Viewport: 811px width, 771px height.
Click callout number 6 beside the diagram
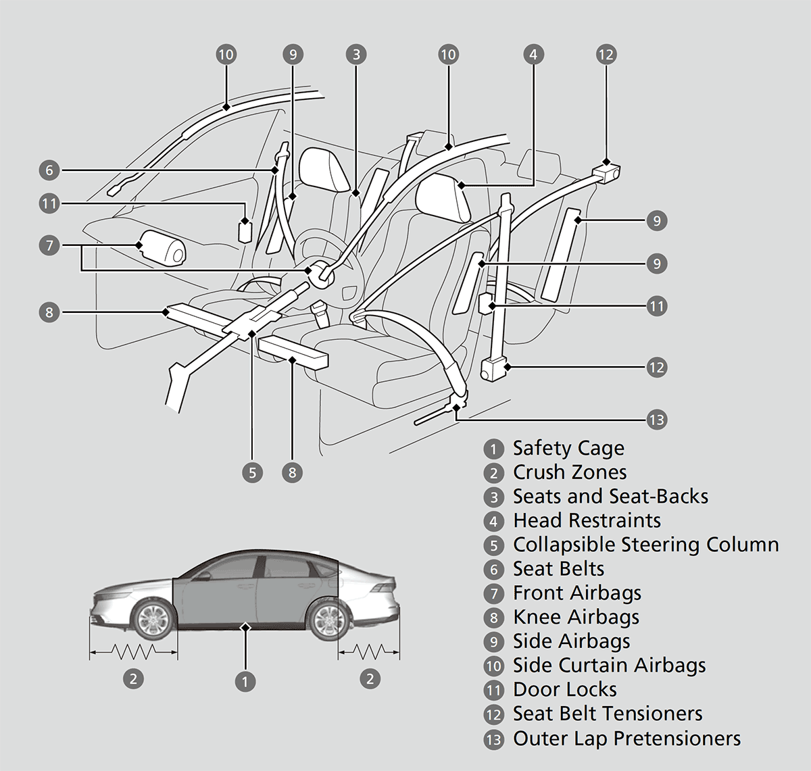[x=49, y=170]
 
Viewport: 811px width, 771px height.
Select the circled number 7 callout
[x=49, y=245]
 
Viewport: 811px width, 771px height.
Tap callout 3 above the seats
[x=356, y=54]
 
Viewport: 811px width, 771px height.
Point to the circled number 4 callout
[x=533, y=54]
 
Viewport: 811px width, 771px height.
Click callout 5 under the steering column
[x=252, y=472]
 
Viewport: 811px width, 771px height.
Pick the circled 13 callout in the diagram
[x=656, y=420]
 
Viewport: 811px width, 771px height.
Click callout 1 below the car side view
[x=245, y=681]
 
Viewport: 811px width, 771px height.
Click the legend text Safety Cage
[x=568, y=448]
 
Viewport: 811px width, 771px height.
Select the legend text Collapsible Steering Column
[x=645, y=545]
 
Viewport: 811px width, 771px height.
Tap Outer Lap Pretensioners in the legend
[x=626, y=739]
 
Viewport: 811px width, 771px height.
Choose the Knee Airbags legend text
[x=576, y=617]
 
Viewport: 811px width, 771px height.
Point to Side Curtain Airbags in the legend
[x=609, y=666]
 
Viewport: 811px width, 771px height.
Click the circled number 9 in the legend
[x=494, y=642]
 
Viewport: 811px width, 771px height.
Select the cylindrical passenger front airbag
[x=162, y=247]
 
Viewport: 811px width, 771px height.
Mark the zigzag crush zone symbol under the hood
[x=133, y=651]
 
